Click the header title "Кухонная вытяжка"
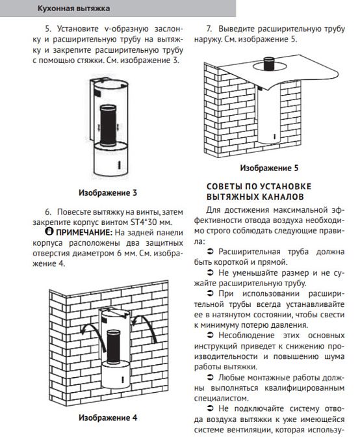tap(73, 8)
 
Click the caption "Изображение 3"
tap(108, 193)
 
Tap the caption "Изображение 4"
tap(108, 417)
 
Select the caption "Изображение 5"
tap(269, 168)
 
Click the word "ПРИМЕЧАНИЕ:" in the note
tap(84, 232)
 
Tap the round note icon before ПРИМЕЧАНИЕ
tap(49, 232)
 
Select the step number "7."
tap(209, 29)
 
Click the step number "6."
tap(48, 212)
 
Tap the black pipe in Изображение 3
tap(108, 126)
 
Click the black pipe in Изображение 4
tap(114, 347)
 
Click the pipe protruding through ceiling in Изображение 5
tap(269, 64)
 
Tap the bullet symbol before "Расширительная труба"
tap(210, 252)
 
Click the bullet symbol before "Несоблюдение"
tap(210, 336)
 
